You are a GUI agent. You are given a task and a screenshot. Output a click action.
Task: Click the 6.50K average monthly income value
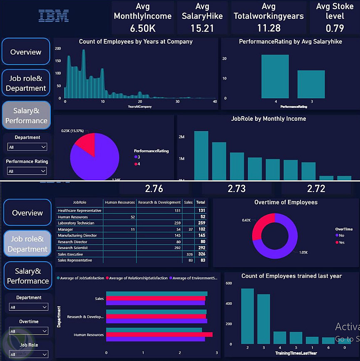click(142, 28)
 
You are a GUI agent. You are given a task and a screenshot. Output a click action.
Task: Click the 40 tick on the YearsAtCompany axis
click(215, 102)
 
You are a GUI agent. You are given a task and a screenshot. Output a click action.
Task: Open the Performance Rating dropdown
click(27, 171)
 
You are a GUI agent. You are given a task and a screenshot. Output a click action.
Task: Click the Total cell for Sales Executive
click(201, 254)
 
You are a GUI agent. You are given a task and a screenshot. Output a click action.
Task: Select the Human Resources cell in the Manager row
click(120, 229)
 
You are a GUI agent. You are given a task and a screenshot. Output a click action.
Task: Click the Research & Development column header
click(159, 202)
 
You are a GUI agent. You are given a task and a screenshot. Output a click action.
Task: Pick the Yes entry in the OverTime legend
click(342, 242)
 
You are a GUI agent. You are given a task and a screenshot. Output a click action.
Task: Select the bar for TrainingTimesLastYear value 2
click(247, 316)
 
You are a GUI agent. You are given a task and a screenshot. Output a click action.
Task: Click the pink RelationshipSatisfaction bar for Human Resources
click(159, 334)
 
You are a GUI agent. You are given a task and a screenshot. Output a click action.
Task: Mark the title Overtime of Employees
click(286, 202)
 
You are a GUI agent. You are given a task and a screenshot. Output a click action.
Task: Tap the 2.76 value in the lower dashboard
click(154, 189)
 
